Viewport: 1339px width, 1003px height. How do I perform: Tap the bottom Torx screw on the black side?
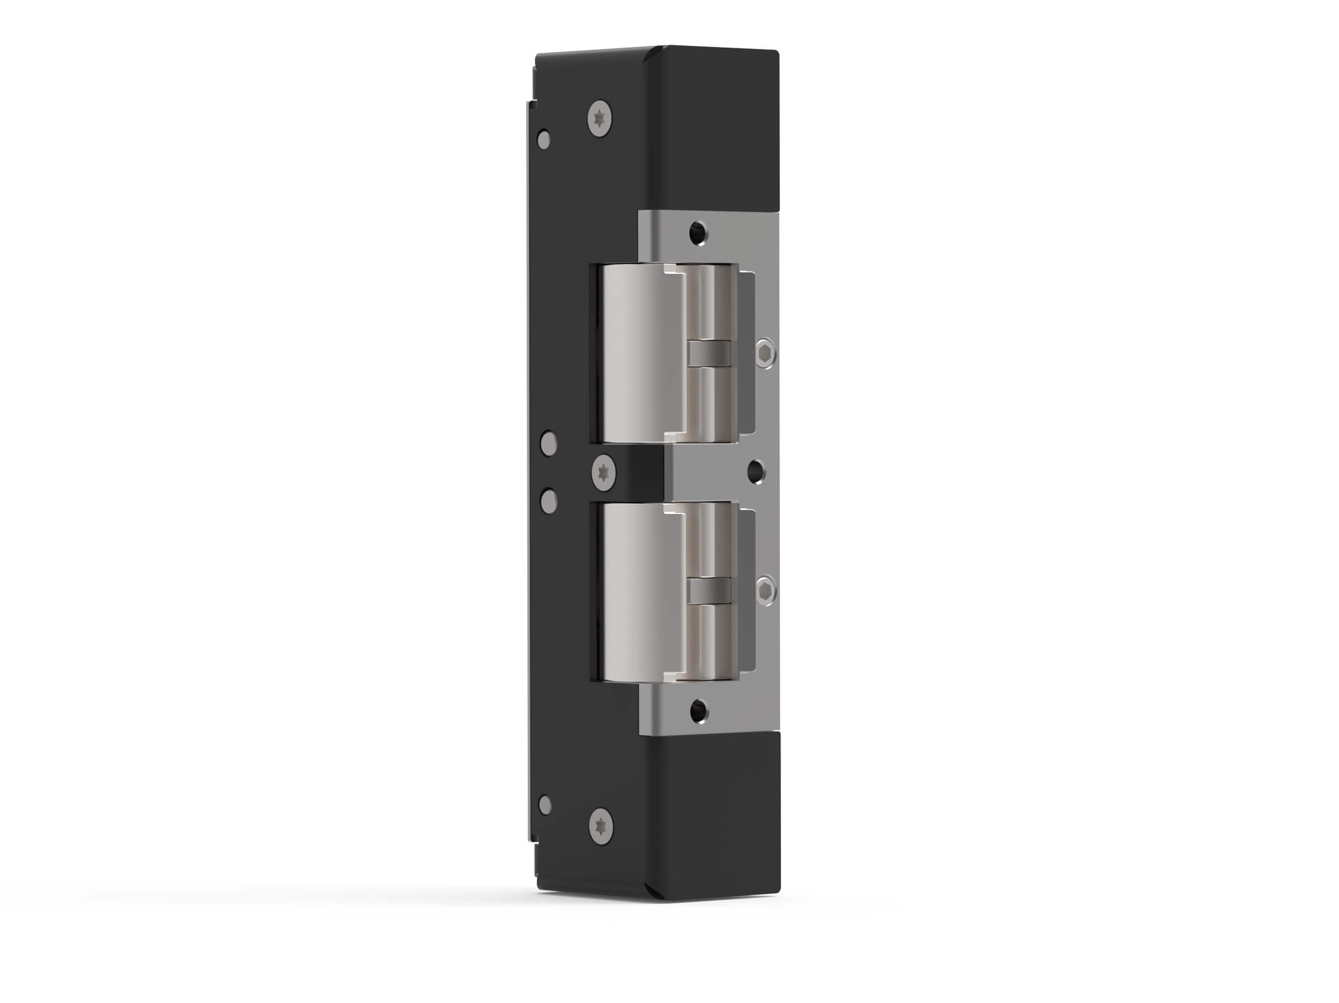point(600,825)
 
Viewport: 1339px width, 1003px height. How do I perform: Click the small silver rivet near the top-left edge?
point(543,140)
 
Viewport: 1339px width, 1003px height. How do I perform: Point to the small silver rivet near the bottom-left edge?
point(545,804)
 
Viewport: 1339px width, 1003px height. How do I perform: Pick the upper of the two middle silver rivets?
point(549,443)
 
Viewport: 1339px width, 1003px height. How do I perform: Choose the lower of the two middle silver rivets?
point(549,500)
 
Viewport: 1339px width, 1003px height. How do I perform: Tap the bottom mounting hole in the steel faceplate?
point(699,711)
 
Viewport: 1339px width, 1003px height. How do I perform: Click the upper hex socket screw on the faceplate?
point(766,353)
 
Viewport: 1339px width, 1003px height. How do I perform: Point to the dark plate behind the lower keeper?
point(747,590)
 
